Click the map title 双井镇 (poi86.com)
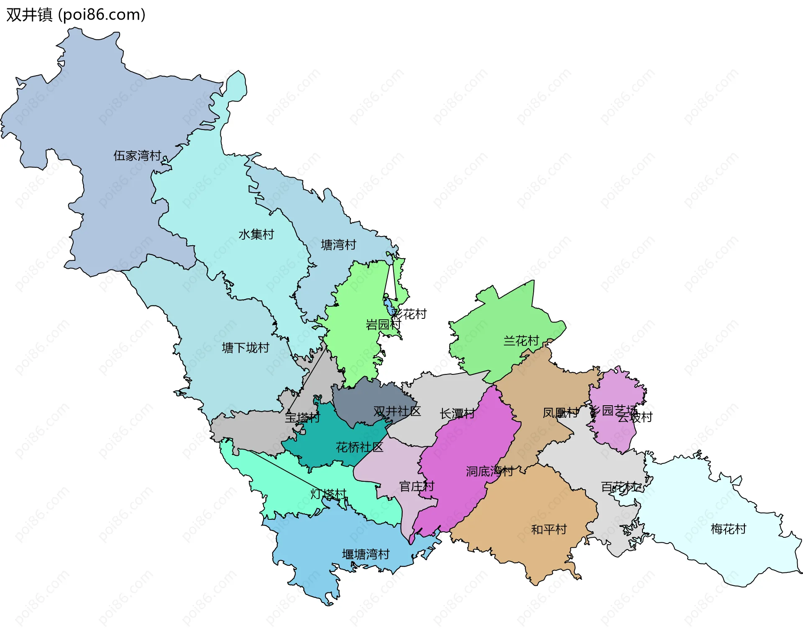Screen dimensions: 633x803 tap(76, 15)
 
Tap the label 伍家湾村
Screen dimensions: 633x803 tap(137, 156)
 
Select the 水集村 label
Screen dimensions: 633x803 tap(256, 234)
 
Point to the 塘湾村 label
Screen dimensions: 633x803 tap(338, 245)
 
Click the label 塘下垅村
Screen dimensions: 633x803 tap(246, 348)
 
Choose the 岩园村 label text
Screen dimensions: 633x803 tap(383, 325)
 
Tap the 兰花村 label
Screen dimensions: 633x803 tap(521, 341)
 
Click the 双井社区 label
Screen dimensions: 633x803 tap(397, 411)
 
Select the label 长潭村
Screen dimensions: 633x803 tap(457, 414)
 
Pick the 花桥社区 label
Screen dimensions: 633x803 tap(359, 447)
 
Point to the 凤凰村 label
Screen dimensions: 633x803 tap(560, 413)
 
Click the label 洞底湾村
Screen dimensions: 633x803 tap(489, 471)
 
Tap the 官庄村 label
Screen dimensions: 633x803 tap(417, 486)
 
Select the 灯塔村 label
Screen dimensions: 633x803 tap(328, 494)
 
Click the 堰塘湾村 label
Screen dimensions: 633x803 tap(366, 554)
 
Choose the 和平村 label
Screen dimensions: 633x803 tap(549, 529)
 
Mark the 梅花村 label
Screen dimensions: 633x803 tap(728, 529)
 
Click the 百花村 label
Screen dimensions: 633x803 tap(618, 487)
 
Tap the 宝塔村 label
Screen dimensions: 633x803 tap(302, 417)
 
